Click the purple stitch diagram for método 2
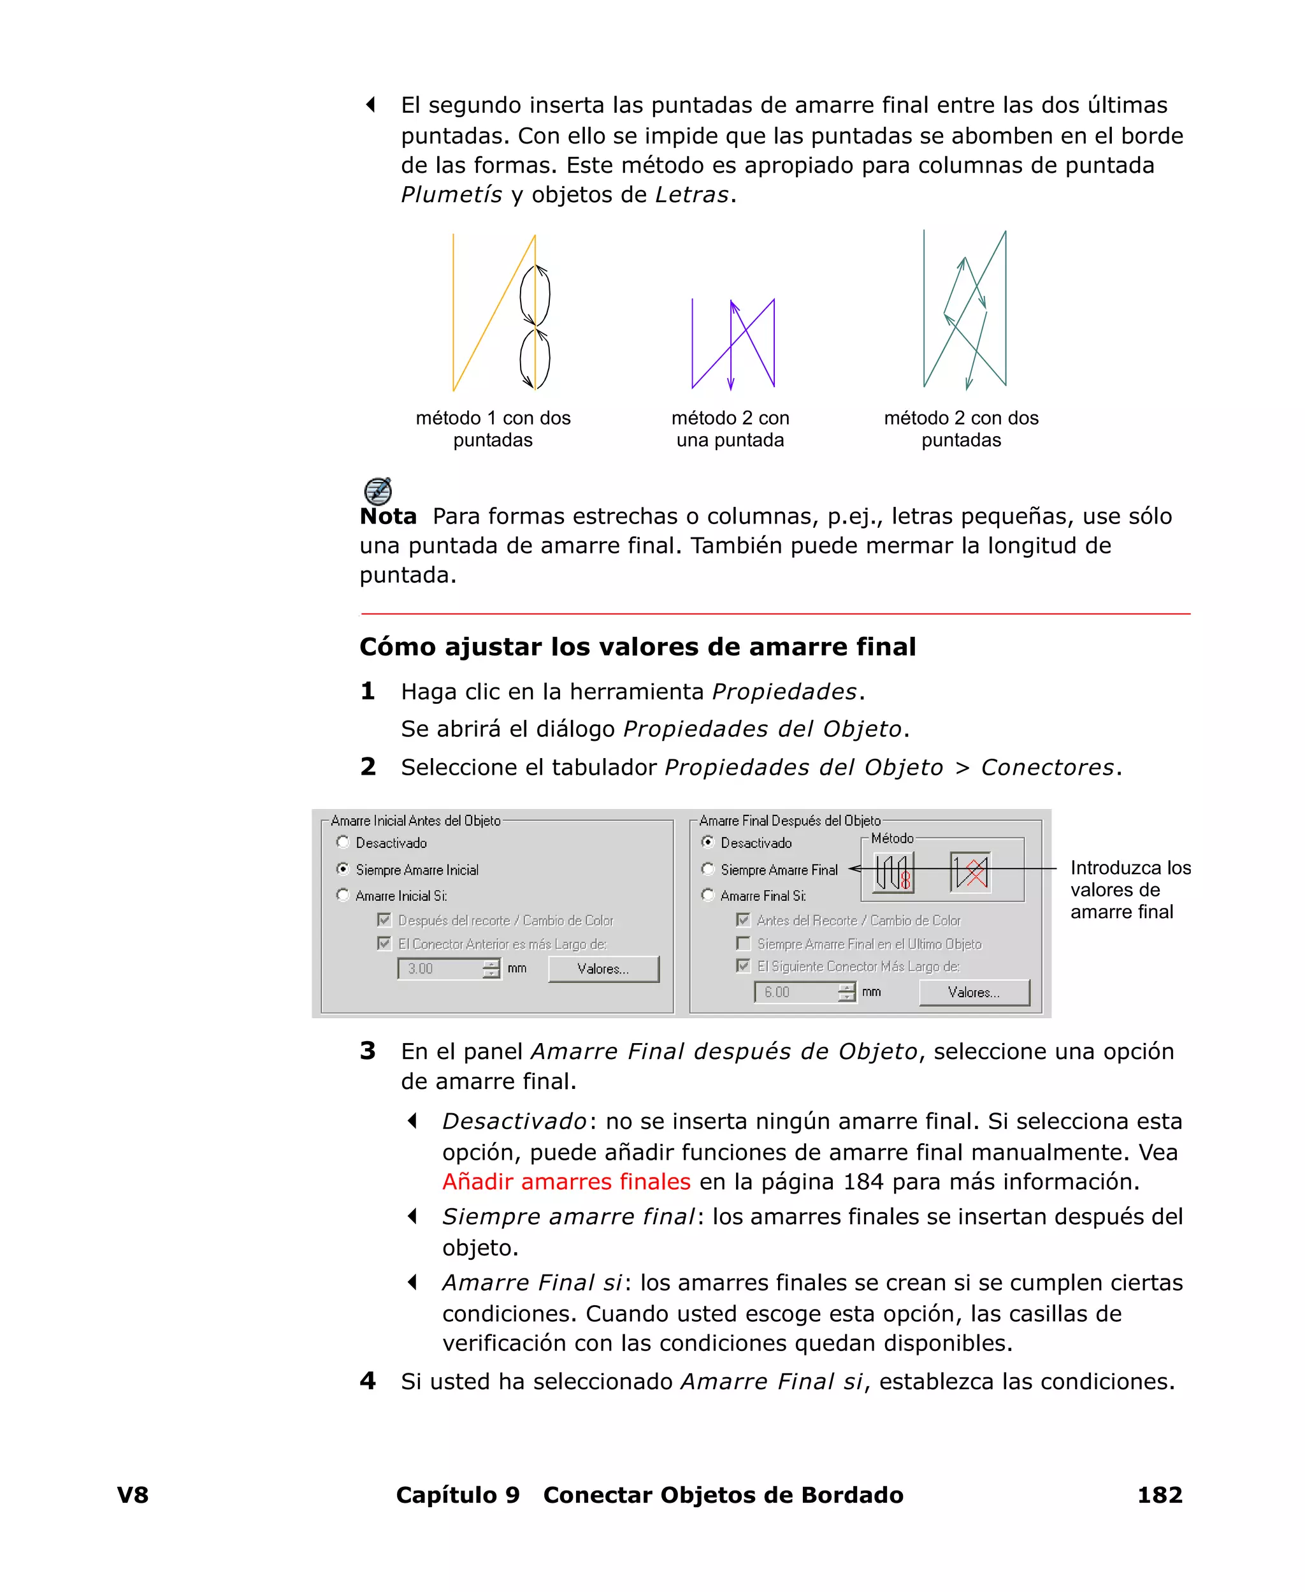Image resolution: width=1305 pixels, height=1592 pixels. tap(733, 344)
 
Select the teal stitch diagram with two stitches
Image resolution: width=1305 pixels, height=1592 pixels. tap(965, 309)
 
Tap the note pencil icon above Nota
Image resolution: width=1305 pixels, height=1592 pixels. tap(377, 490)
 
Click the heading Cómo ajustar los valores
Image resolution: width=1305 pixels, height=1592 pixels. tap(637, 646)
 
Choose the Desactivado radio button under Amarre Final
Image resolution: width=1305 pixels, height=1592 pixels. tap(707, 842)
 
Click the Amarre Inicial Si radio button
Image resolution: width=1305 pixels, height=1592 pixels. tap(343, 895)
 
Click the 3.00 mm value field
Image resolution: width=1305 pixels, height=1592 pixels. tap(440, 968)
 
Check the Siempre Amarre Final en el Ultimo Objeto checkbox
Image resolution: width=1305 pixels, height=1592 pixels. tap(744, 943)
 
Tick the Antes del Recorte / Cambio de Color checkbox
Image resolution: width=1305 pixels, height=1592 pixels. tap(744, 920)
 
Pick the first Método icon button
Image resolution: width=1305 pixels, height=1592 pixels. tap(893, 872)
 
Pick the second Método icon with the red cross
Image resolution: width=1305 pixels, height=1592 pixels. tap(970, 872)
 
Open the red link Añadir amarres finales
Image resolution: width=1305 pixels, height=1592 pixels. tap(566, 1181)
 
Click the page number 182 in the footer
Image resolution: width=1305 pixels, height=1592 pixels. tap(1159, 1494)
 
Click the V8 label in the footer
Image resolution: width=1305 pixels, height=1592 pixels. tap(133, 1494)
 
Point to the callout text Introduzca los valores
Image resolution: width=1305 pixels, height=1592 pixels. tap(1130, 889)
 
